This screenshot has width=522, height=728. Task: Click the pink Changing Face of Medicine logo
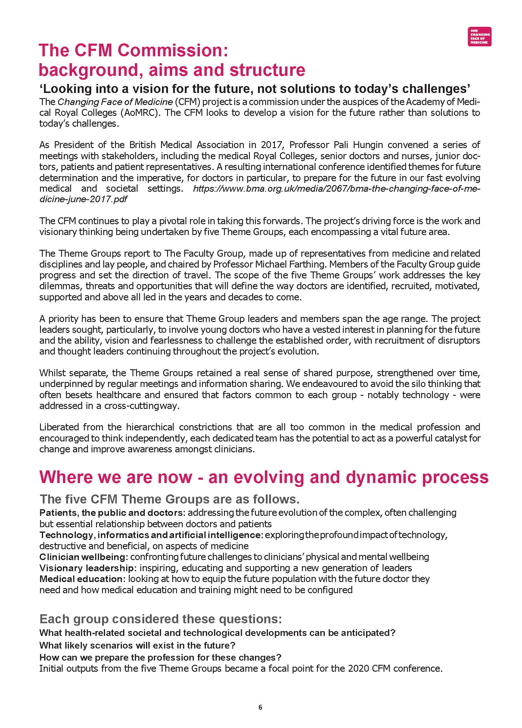[x=479, y=37]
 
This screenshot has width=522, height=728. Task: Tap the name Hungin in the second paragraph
[x=367, y=145]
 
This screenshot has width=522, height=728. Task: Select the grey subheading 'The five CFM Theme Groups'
[x=169, y=500]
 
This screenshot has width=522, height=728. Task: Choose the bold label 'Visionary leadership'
[x=86, y=568]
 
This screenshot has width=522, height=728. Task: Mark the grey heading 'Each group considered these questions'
[x=160, y=619]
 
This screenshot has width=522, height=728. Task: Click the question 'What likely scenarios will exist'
[x=137, y=645]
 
